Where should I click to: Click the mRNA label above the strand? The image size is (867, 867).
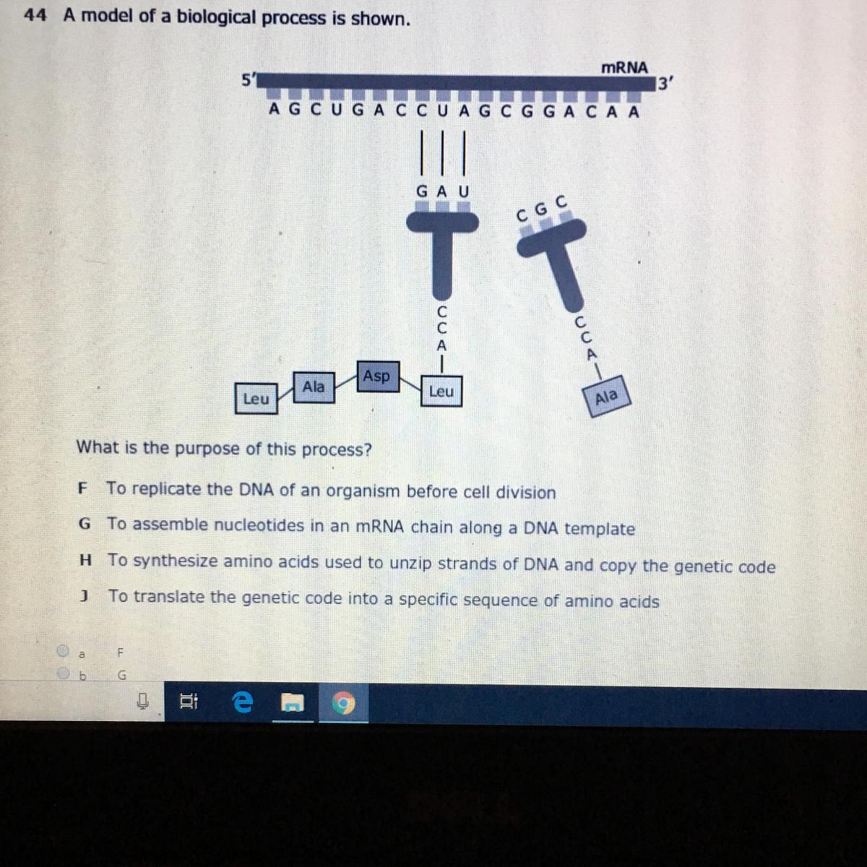(x=624, y=67)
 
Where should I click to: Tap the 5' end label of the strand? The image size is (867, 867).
(x=248, y=79)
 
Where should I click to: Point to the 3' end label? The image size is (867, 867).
(x=665, y=84)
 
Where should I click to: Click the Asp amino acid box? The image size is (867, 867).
(x=378, y=376)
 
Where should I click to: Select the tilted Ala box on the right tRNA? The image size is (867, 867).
(x=606, y=397)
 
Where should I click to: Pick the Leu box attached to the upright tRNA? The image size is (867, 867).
(x=441, y=391)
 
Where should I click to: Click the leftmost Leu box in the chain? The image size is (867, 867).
(x=256, y=399)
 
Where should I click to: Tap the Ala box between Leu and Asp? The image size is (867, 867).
(x=314, y=387)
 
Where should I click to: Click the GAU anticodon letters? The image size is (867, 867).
(x=443, y=191)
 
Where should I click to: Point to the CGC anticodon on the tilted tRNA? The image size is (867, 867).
(x=542, y=208)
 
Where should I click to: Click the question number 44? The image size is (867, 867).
(x=35, y=16)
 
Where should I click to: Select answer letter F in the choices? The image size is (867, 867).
(x=82, y=488)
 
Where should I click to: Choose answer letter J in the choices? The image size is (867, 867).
(x=84, y=596)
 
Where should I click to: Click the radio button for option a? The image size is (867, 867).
(x=63, y=650)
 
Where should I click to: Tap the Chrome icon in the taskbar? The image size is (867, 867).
(x=343, y=703)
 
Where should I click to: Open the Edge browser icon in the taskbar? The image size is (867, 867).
(x=242, y=702)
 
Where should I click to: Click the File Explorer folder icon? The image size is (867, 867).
(x=293, y=702)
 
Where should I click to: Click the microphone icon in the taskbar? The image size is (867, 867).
(x=143, y=701)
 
